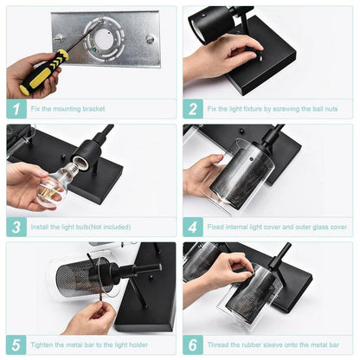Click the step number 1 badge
click(x=16, y=109)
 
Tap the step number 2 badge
click(x=193, y=109)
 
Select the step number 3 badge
click(x=16, y=227)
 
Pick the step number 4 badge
click(x=193, y=227)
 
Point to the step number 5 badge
click(x=16, y=344)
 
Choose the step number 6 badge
click(x=193, y=344)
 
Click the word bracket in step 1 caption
click(x=93, y=109)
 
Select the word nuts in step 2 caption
click(x=331, y=109)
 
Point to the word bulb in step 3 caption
click(x=81, y=227)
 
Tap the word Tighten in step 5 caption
click(x=42, y=344)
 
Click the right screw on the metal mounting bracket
click(x=150, y=39)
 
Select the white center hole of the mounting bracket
click(x=103, y=39)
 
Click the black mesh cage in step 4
click(x=241, y=178)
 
